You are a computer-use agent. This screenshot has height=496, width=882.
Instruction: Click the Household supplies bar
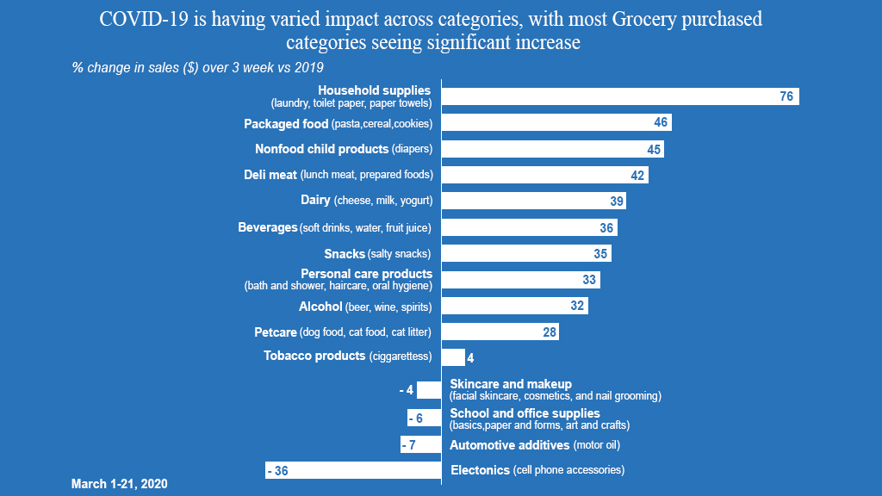(620, 96)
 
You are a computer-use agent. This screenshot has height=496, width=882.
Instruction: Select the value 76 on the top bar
(786, 96)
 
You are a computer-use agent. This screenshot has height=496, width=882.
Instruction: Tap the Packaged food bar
(556, 122)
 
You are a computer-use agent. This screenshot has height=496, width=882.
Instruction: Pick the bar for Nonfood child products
(552, 149)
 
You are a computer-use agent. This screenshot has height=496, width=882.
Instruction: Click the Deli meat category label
(338, 175)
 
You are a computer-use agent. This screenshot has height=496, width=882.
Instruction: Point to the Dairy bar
(533, 201)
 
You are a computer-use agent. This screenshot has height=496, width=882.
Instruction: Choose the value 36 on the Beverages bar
(606, 228)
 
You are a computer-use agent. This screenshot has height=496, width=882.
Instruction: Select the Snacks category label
(377, 253)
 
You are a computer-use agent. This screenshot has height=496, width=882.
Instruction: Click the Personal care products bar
(520, 280)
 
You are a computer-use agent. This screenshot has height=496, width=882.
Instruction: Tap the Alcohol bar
(514, 306)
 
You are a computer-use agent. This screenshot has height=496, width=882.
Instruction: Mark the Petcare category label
(342, 332)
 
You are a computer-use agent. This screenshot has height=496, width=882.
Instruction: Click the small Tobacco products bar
(453, 357)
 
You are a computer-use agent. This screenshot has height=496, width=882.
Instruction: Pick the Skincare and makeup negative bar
(429, 390)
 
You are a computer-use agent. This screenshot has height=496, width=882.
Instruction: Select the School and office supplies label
(539, 418)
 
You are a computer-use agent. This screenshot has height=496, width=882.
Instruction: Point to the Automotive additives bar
(421, 445)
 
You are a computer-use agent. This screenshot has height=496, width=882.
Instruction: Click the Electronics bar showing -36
(353, 470)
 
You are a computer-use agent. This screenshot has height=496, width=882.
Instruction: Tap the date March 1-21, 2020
(119, 484)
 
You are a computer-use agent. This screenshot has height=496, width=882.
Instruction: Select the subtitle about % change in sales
(197, 67)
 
